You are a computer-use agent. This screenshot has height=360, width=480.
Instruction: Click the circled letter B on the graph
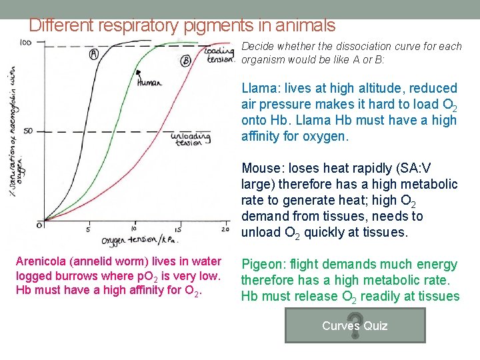point(186,61)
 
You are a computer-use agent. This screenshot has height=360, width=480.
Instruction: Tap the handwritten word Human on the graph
point(148,83)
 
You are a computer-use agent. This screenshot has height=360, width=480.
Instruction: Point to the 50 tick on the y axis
point(28,131)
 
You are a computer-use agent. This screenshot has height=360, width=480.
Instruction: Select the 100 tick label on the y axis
point(26,43)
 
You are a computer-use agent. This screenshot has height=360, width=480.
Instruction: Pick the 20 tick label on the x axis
point(225,230)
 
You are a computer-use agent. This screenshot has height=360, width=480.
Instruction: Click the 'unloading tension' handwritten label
point(191,139)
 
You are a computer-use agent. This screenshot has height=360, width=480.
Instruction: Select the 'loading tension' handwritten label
point(219,54)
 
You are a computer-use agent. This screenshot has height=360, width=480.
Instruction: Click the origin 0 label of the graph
point(39,225)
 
